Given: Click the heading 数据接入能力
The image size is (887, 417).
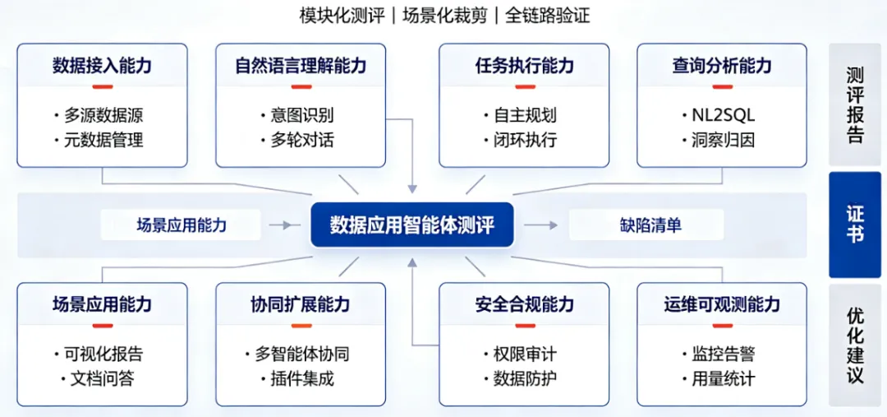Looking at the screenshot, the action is (x=102, y=66).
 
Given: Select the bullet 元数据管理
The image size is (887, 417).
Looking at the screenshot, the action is (x=103, y=139).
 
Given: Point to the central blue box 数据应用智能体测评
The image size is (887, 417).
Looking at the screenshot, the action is (x=411, y=225).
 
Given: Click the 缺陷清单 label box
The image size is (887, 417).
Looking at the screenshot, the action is (x=646, y=225).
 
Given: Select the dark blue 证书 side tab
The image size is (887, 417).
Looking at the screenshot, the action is (x=855, y=225).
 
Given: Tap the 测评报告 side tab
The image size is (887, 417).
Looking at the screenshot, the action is (x=855, y=104).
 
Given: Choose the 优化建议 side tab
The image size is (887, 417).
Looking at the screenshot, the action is (x=855, y=345).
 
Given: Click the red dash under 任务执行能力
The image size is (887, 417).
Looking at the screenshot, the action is (x=525, y=86).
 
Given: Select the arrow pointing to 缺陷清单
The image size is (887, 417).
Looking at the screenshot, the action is (x=540, y=225).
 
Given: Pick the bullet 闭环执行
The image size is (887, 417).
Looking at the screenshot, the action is (x=525, y=139).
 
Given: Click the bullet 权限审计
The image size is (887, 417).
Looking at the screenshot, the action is (x=525, y=354).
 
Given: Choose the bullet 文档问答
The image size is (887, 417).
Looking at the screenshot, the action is (x=103, y=378).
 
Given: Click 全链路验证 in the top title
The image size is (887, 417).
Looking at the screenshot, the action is (x=548, y=16).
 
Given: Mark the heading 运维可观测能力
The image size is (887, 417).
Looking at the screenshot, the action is (x=722, y=304).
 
